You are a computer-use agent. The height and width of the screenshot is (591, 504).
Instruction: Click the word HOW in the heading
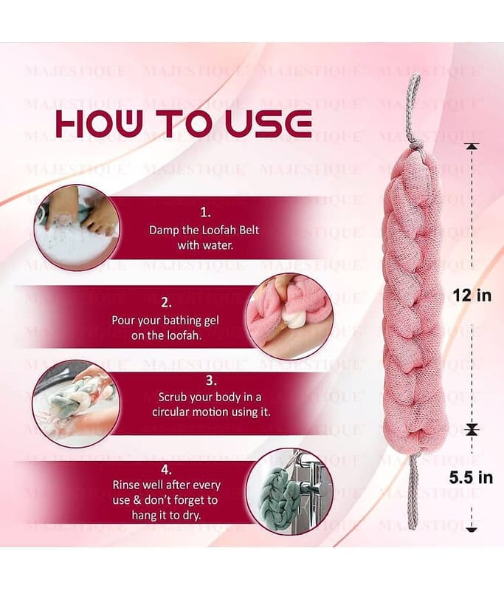pos(99,123)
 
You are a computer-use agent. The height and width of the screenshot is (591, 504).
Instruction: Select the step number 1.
pos(205,213)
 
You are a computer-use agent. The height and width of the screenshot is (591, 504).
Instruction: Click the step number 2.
pos(166,303)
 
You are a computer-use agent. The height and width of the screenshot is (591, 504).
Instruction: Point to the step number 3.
pos(211,380)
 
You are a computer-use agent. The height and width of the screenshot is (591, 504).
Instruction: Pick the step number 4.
pos(166,470)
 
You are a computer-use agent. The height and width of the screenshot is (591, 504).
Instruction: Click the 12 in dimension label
pos(472,295)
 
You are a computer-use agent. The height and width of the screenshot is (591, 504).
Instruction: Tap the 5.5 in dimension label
pos(471,477)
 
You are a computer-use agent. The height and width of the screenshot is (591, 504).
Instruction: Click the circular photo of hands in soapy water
pos(77,228)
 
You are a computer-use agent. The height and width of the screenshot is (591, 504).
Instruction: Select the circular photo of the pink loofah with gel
pos(289,317)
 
